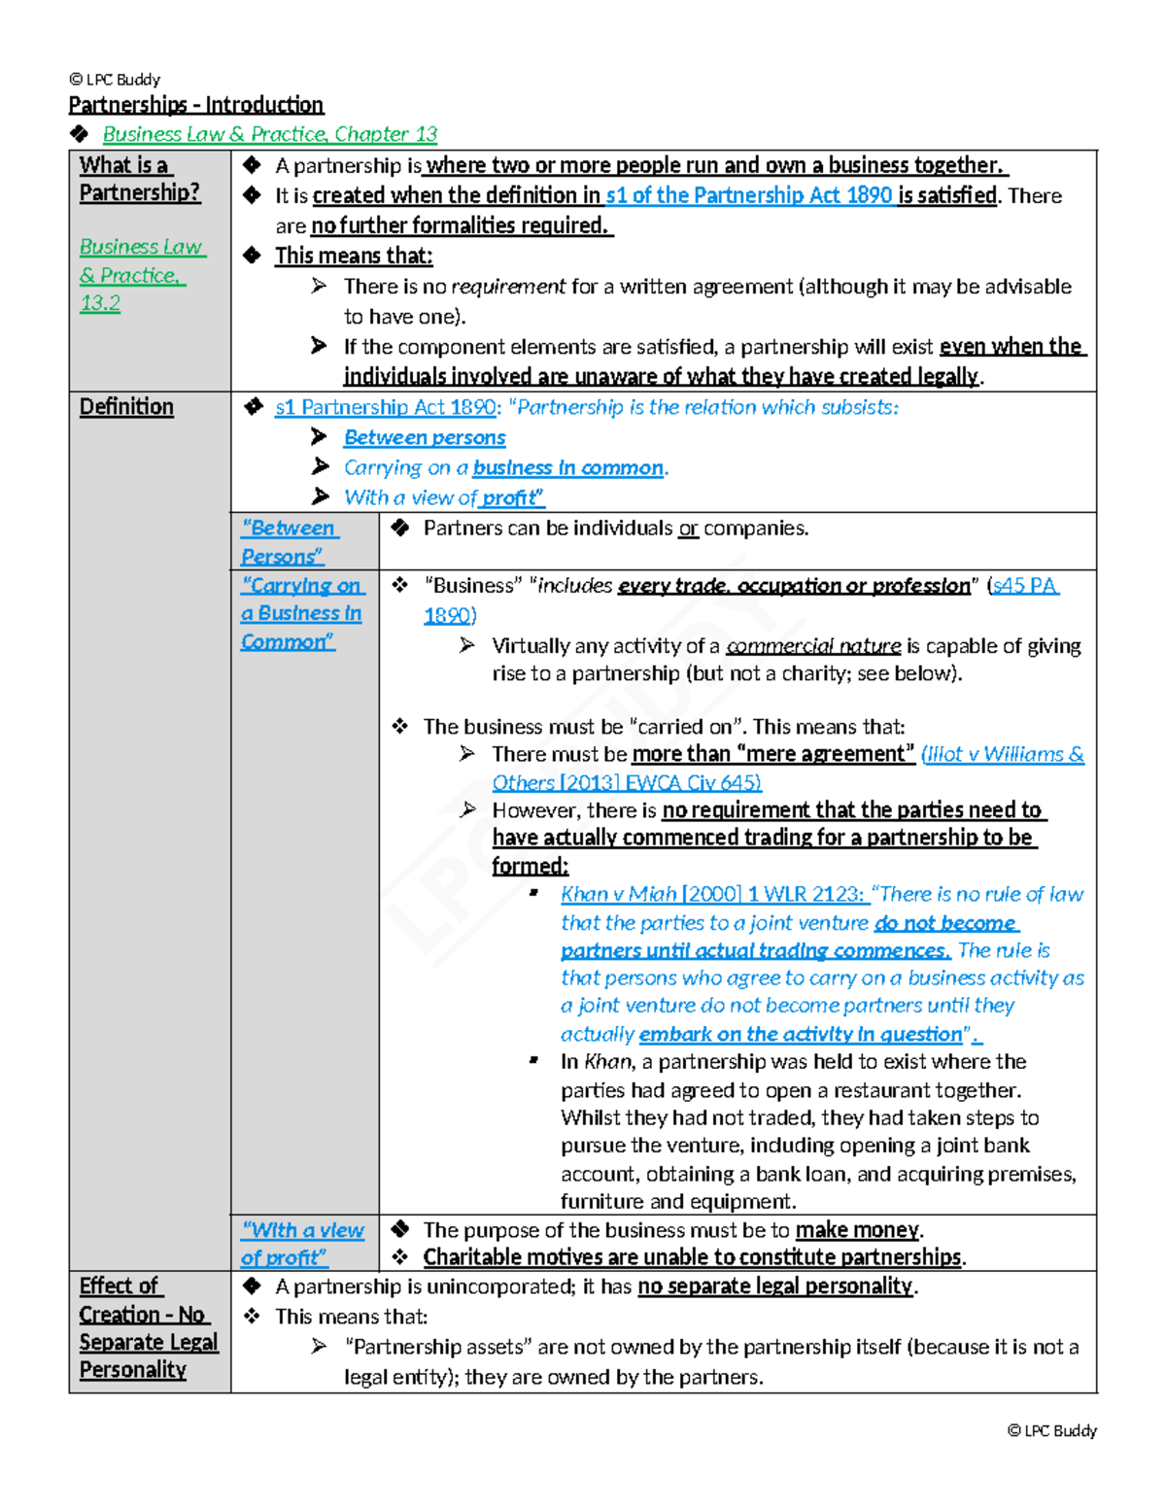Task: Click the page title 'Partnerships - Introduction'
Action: click(195, 105)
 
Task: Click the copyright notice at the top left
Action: click(115, 80)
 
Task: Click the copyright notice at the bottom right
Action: click(1051, 1430)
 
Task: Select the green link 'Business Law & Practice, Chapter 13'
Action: click(269, 134)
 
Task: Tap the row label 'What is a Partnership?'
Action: click(139, 180)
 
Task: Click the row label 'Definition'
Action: click(126, 407)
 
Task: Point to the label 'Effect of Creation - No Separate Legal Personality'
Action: click(148, 1327)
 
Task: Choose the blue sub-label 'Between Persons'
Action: click(289, 542)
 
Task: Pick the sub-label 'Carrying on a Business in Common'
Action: click(301, 613)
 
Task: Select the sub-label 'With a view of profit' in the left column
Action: click(302, 1244)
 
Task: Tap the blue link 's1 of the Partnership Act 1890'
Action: click(748, 195)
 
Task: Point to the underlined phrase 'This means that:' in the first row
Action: click(354, 256)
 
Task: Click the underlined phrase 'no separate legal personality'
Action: click(775, 1286)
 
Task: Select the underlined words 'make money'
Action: click(857, 1230)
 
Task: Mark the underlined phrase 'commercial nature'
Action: click(813, 646)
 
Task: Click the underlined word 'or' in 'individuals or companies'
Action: click(688, 529)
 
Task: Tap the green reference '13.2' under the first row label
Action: click(100, 303)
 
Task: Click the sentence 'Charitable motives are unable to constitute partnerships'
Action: click(693, 1257)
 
